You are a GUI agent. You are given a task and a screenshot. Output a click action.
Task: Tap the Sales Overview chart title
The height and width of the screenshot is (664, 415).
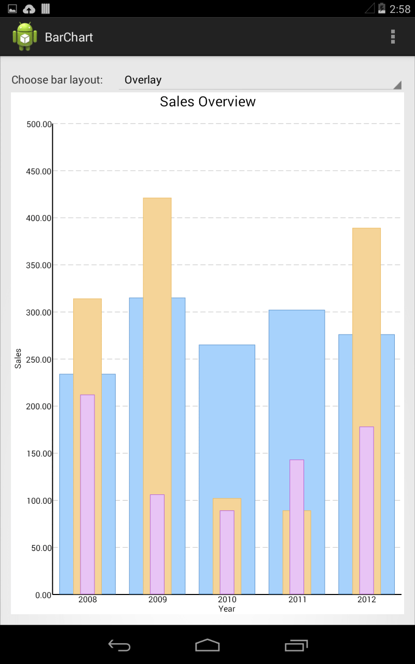(x=208, y=102)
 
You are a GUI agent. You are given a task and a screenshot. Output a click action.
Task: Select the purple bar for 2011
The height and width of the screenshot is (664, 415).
(x=297, y=527)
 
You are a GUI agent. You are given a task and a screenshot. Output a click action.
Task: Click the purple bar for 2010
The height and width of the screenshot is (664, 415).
(x=227, y=552)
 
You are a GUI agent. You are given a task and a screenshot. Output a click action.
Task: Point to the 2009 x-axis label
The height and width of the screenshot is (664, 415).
(x=157, y=600)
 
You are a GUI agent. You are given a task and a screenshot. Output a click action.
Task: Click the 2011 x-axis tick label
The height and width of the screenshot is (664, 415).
(x=297, y=600)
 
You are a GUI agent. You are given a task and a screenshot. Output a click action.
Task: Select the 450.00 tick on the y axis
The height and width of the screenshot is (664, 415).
(x=38, y=171)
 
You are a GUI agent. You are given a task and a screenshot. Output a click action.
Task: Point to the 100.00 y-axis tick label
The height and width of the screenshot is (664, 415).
(x=38, y=501)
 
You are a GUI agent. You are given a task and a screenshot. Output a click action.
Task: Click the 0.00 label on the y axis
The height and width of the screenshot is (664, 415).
(x=43, y=595)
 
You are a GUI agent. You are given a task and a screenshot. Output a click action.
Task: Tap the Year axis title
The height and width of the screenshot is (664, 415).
(x=227, y=609)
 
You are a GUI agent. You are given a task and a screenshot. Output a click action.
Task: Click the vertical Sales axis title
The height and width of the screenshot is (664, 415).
(x=18, y=358)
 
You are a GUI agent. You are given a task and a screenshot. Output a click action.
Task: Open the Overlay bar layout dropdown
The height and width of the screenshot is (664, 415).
(x=259, y=80)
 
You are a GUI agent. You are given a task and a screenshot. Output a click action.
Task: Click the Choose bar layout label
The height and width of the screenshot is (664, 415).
(x=57, y=80)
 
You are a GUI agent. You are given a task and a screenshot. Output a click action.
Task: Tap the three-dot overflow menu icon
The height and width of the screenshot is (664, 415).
(x=393, y=37)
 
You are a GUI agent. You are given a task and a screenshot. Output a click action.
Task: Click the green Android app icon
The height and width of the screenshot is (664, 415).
(x=25, y=37)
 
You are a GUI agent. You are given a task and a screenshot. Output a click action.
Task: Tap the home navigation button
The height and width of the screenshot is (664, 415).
(x=208, y=645)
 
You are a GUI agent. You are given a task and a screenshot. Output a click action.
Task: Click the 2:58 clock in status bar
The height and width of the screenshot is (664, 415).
(x=399, y=9)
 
